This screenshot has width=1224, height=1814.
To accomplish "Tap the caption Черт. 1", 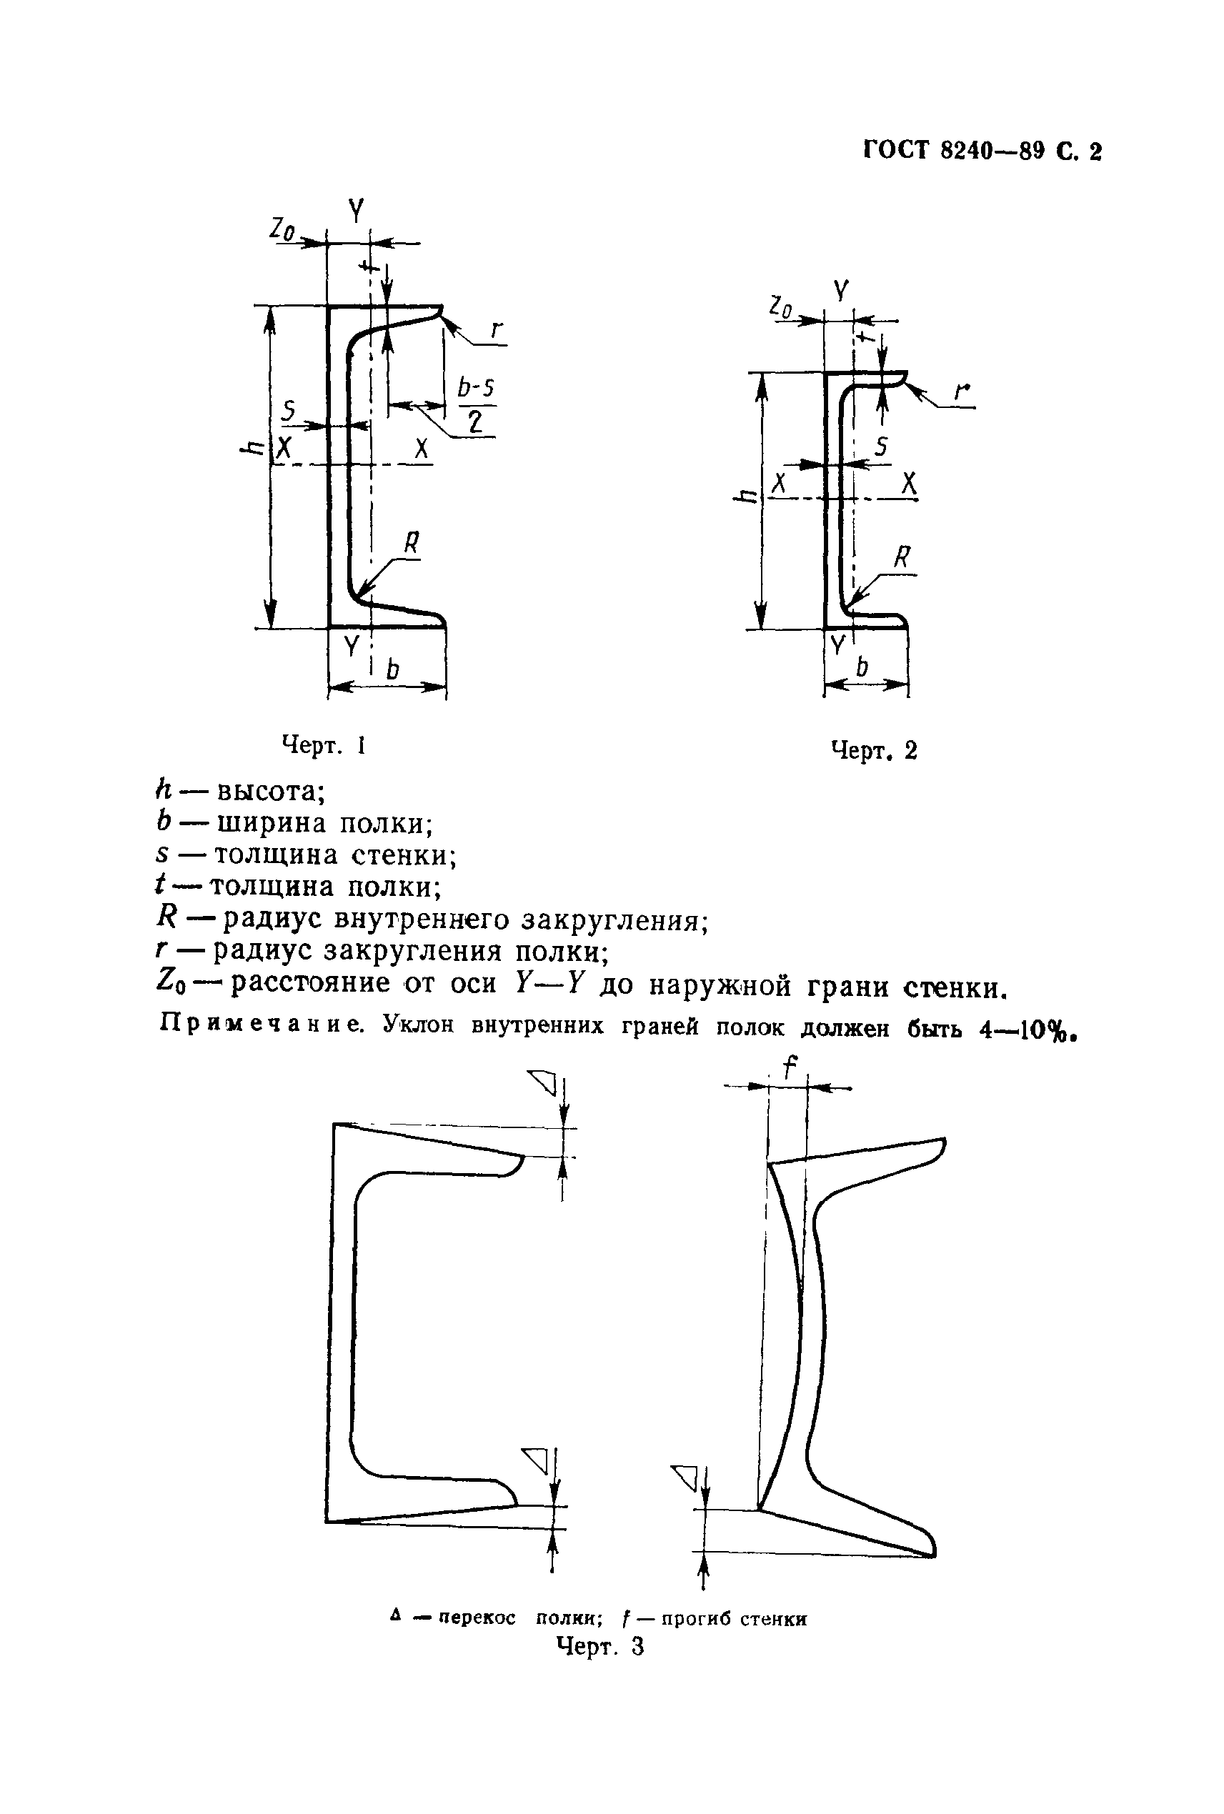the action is [x=323, y=745].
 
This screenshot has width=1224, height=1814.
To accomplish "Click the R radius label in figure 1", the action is [x=412, y=542].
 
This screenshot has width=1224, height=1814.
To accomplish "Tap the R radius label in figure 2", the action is [x=902, y=557].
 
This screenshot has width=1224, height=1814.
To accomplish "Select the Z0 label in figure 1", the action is [x=282, y=228].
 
